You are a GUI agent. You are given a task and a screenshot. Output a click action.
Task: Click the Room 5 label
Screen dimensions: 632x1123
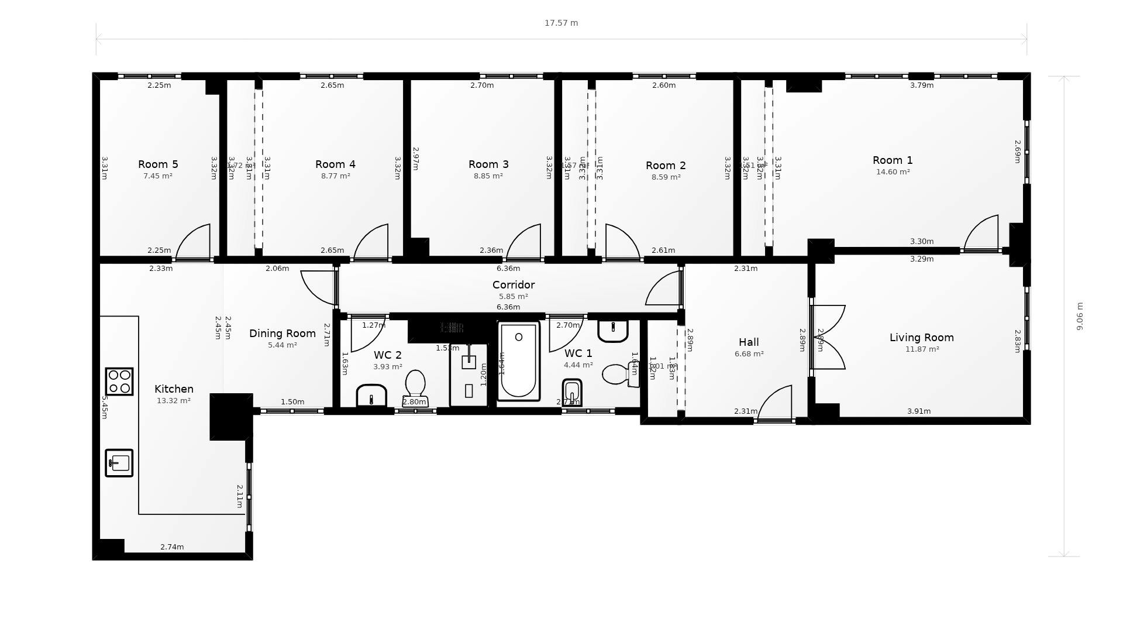click(x=158, y=164)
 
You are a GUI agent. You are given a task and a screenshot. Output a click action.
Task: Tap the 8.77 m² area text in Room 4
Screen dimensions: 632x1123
click(x=335, y=176)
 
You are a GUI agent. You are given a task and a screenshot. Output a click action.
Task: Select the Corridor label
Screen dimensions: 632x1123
click(x=513, y=285)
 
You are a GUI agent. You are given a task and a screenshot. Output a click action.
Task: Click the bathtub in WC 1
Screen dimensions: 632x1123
click(x=518, y=361)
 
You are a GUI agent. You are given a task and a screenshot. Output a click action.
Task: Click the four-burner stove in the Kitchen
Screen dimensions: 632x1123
click(x=119, y=382)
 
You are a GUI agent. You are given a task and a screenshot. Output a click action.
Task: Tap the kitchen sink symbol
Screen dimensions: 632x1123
click(x=119, y=463)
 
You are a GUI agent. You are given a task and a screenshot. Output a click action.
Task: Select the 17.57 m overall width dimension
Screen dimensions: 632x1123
click(x=561, y=23)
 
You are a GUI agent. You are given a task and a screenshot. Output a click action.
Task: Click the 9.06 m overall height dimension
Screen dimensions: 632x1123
click(x=1080, y=316)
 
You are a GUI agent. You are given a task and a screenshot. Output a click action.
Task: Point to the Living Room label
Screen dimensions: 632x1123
click(x=921, y=338)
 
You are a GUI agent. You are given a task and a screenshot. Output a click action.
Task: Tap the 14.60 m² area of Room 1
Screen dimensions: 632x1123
click(x=893, y=172)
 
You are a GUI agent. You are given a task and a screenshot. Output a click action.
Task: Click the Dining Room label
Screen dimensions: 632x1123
click(x=283, y=334)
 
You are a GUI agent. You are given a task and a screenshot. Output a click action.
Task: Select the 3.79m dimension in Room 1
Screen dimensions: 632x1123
click(x=922, y=85)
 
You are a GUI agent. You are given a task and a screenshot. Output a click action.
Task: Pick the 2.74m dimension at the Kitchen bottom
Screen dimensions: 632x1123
click(x=172, y=547)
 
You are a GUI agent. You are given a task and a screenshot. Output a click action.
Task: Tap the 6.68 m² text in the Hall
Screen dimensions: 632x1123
click(x=749, y=354)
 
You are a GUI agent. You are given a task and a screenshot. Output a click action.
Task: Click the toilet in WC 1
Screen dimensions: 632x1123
click(x=619, y=374)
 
